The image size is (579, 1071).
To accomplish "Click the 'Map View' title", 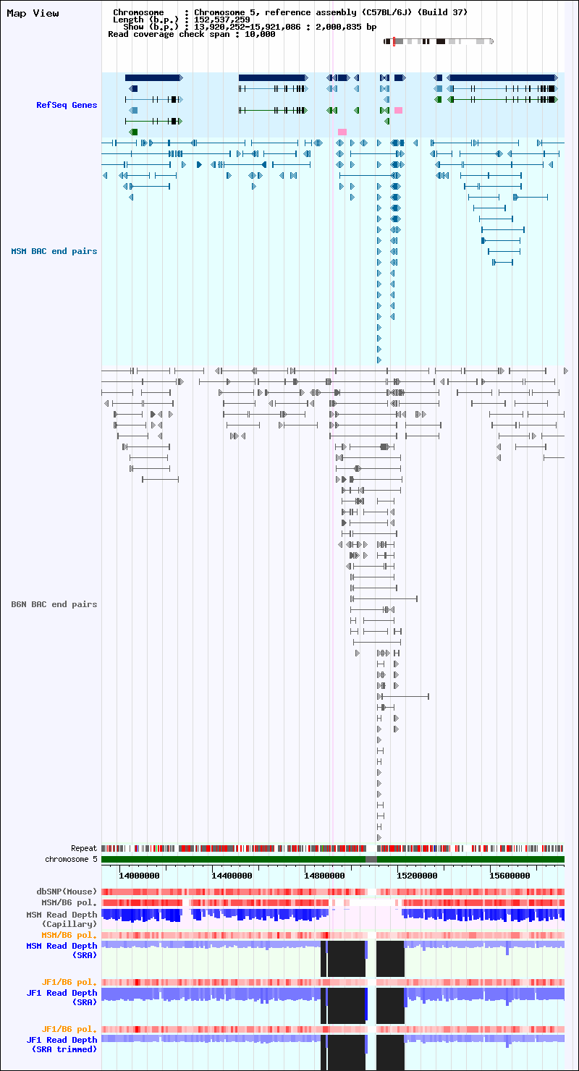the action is point(33,13).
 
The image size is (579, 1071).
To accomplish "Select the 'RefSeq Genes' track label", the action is point(67,105).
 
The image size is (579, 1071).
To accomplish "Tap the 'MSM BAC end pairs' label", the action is point(54,252).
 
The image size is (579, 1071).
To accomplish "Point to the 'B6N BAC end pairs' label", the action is point(54,604).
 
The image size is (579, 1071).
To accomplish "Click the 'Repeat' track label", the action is point(84,848).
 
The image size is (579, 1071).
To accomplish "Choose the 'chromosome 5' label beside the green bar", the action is point(71,859).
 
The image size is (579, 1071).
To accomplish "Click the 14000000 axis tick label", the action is point(139,876).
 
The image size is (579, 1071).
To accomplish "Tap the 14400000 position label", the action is point(232,876).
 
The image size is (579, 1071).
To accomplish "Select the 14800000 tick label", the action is point(325,876).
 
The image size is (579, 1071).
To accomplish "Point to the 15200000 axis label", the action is point(417,876).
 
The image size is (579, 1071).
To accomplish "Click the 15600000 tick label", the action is point(510,876).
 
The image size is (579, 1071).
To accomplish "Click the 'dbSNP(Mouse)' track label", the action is point(67,892).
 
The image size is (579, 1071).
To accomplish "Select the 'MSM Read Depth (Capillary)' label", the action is point(62,920).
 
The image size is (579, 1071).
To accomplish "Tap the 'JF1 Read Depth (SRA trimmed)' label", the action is point(62,1045).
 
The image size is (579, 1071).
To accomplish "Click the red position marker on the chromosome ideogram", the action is point(394,41).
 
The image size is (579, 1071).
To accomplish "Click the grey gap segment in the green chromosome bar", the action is point(371,859).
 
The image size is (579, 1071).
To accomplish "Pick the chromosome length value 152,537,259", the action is point(222,20).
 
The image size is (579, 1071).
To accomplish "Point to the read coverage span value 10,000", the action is point(260,34).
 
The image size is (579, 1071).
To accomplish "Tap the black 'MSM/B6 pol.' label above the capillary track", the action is point(69,902).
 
